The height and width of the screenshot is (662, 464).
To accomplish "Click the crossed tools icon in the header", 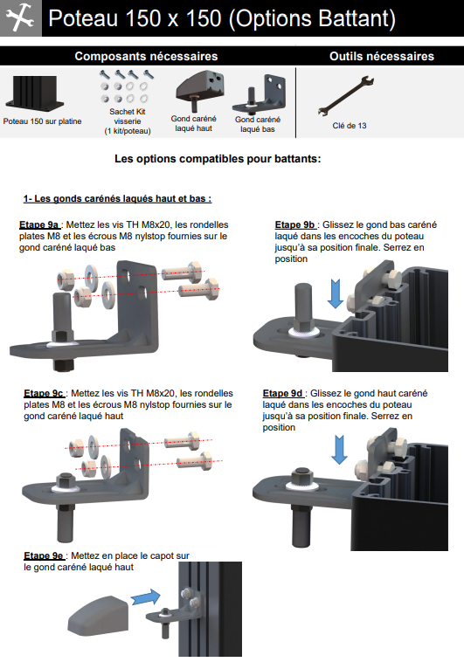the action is coord(20,17).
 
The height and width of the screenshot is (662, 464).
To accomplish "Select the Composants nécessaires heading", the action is coord(146,56).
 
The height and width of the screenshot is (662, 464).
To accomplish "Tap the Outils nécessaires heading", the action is coord(382,56).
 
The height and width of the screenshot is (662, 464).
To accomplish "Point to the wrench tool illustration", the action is coord(346,96).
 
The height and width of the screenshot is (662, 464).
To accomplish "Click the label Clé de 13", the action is coord(349,126).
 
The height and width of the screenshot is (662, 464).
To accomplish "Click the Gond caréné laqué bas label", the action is coord(258,124).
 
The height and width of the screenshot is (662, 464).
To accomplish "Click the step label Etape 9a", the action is coord(38,224).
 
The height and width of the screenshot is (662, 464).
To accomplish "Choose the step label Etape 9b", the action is coord(295,224).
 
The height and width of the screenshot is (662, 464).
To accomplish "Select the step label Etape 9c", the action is coord(44,393).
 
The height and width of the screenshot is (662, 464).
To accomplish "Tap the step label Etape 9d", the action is coord(283,393).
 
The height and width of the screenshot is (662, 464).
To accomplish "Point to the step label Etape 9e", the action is coord(44,555).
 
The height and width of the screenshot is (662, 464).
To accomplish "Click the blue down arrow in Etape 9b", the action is coord(336,293).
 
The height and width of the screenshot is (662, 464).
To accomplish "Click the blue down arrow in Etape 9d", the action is coord(339,450).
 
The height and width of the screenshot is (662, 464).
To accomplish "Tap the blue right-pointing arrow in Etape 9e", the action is coord(146,597).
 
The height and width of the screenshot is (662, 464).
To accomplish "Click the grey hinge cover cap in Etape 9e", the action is coord(98,616).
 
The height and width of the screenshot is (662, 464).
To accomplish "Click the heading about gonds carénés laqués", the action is coord(117,198).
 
